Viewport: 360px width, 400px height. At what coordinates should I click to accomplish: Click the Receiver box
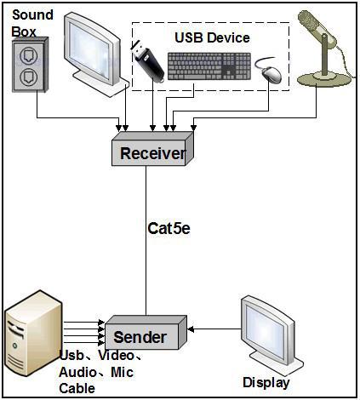(152, 148)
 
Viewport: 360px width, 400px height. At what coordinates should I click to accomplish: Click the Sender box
(146, 332)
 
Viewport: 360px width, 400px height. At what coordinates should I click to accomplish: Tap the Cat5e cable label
(169, 228)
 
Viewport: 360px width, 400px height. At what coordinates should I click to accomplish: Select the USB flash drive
(147, 62)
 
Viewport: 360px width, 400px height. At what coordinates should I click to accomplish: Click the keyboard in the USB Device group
(209, 66)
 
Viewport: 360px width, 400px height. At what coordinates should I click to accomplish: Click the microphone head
(317, 27)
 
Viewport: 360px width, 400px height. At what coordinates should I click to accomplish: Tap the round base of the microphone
(324, 79)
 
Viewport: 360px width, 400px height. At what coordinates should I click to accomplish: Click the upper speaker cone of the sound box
(28, 56)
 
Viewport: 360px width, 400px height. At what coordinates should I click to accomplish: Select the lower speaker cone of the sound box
(28, 77)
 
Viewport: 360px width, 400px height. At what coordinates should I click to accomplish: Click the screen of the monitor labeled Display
(265, 330)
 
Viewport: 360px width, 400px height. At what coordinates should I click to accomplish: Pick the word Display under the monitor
(266, 383)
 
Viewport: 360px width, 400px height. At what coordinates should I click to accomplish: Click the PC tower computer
(33, 333)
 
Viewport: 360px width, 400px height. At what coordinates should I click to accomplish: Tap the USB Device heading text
(212, 38)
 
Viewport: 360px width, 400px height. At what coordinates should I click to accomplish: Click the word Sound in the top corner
(32, 14)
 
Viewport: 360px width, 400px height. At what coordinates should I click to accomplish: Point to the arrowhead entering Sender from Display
(191, 329)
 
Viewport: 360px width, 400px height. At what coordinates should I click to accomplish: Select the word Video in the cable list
(116, 356)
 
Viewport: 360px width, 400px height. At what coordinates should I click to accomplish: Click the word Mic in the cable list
(122, 372)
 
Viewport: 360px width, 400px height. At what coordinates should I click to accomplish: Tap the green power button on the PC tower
(14, 346)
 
